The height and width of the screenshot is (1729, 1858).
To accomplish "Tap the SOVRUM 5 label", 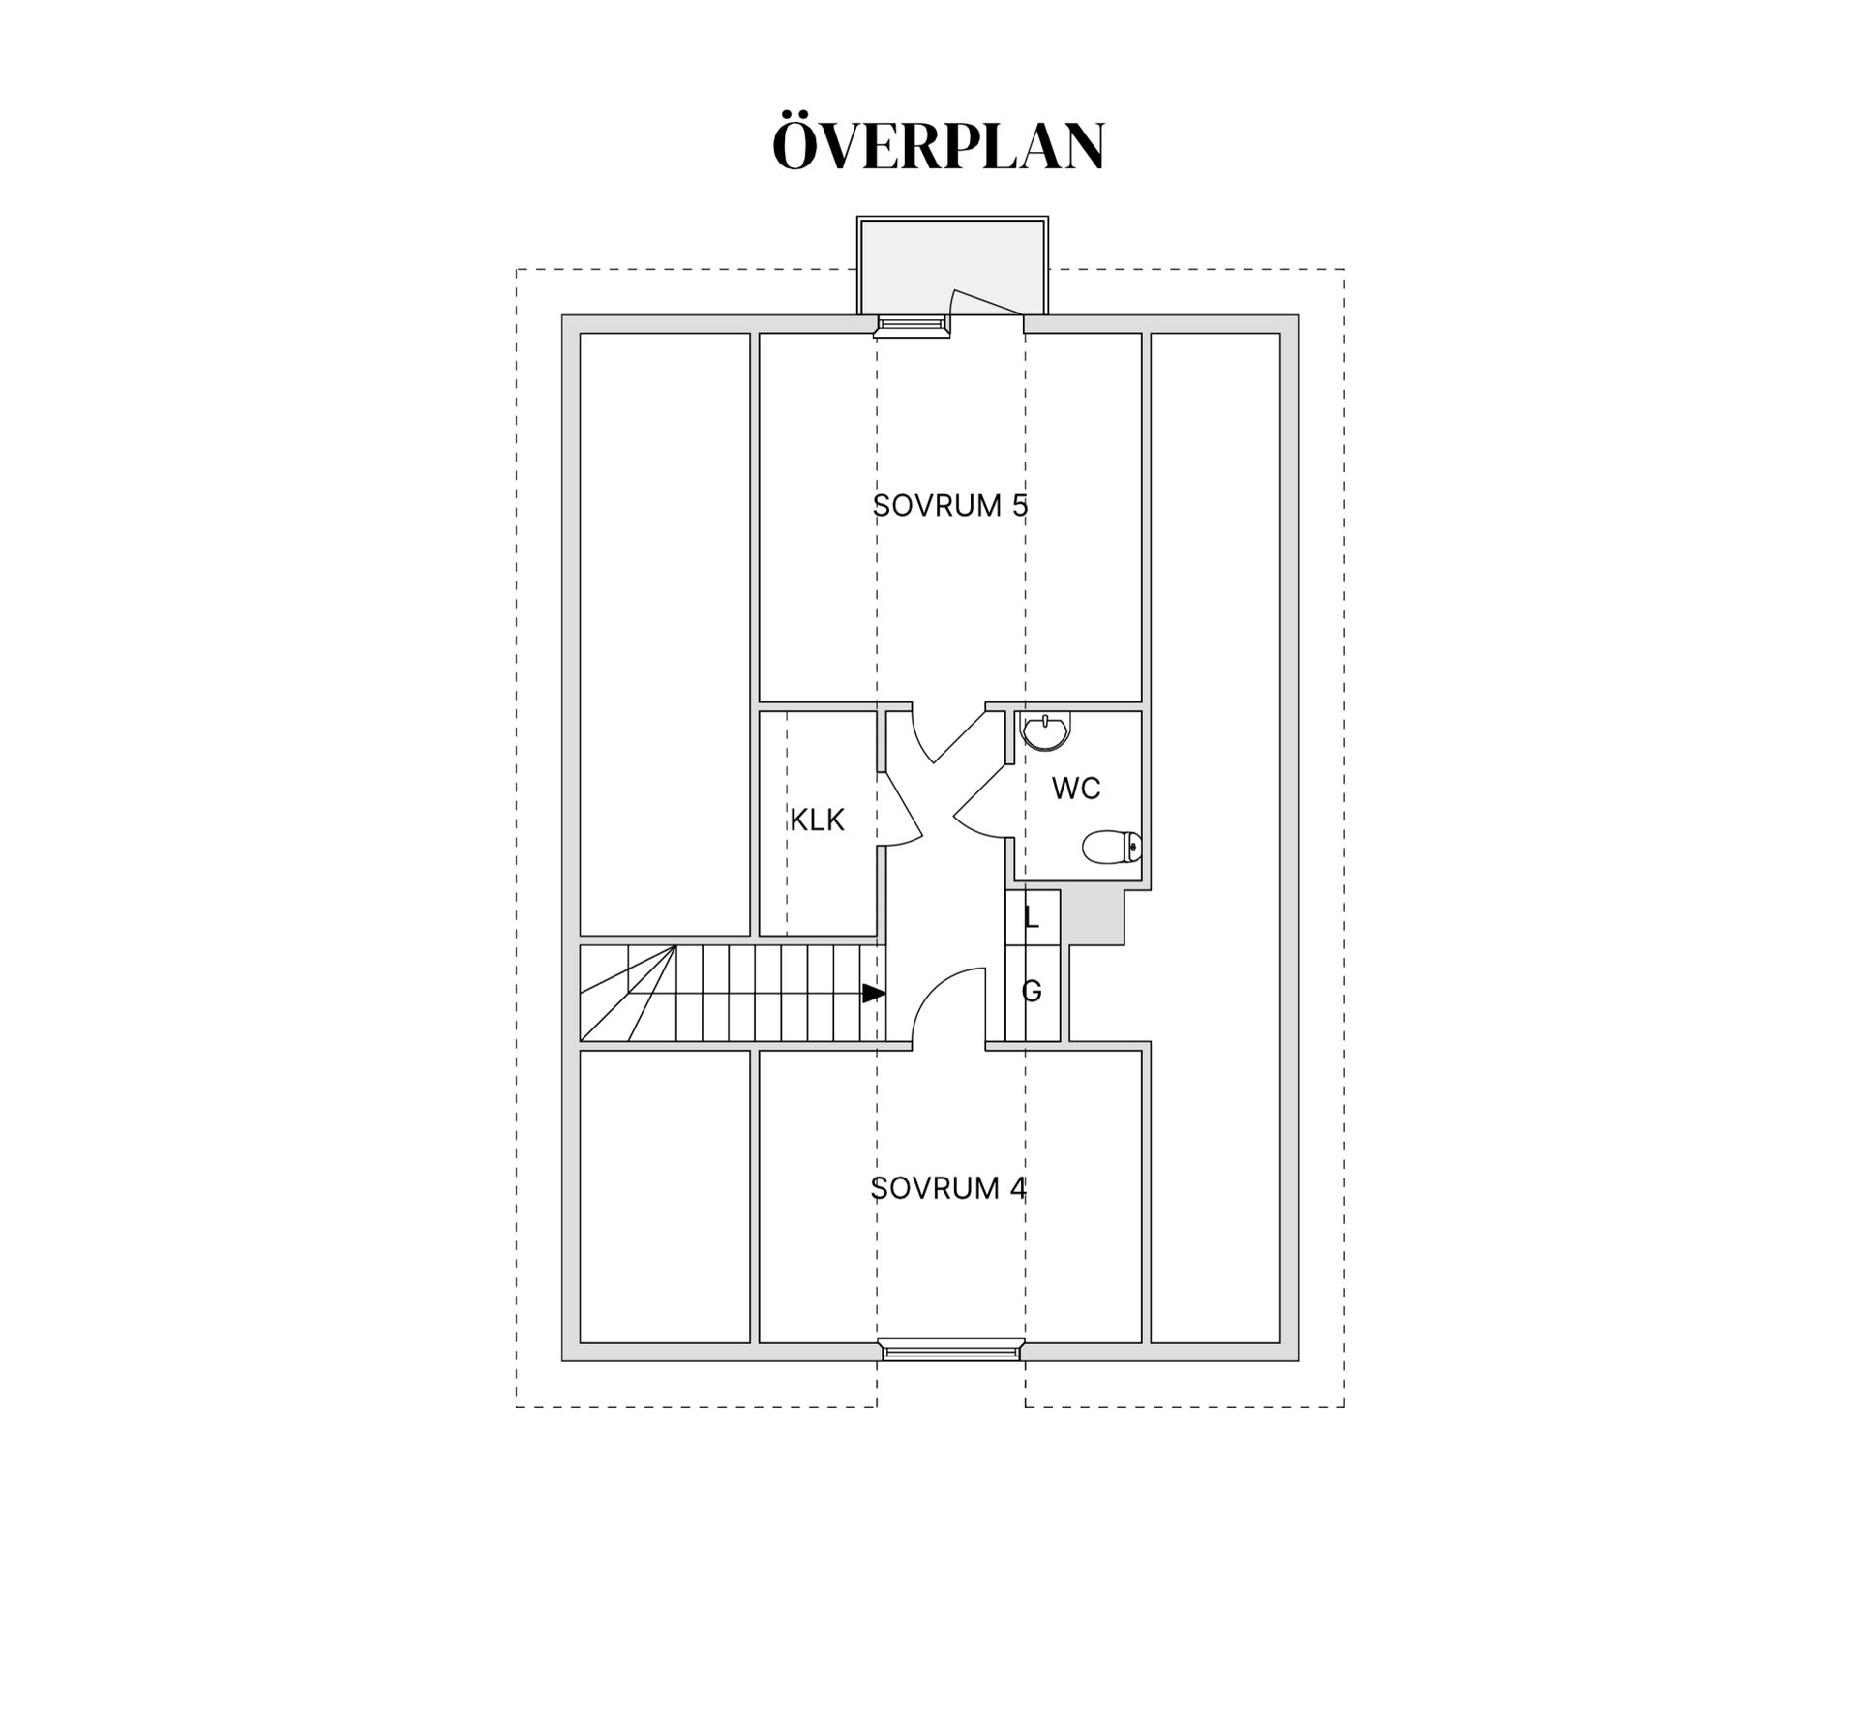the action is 950,505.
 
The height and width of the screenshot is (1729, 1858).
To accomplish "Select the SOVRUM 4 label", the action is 948,1188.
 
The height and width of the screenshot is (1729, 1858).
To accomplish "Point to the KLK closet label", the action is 817,820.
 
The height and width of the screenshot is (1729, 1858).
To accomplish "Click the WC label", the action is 1076,789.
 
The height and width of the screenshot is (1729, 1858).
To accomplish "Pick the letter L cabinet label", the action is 1032,918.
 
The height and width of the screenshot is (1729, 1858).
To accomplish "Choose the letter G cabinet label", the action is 1032,991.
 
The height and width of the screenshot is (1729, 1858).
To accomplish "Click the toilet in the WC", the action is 1112,847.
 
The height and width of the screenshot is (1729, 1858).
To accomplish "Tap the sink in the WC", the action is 1046,731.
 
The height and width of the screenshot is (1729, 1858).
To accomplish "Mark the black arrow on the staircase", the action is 874,994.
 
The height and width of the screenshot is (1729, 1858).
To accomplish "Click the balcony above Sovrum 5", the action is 952,265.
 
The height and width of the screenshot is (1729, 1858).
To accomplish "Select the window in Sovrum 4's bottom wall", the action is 951,1350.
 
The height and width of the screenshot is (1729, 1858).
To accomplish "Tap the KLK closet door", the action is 900,805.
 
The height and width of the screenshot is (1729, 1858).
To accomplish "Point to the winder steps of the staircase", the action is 628,994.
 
